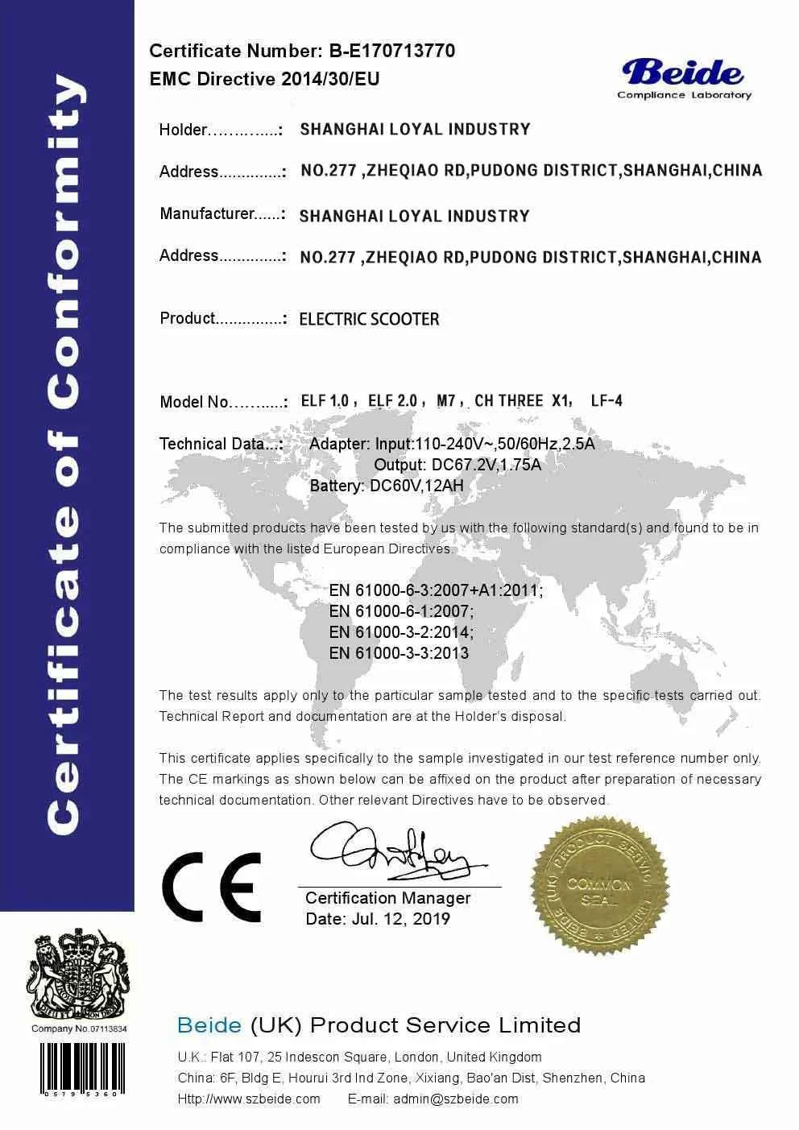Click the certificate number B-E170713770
[391, 51]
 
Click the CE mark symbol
[211, 886]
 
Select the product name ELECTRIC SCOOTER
[369, 319]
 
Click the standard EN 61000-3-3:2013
[399, 653]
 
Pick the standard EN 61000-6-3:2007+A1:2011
[436, 590]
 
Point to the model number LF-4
[606, 400]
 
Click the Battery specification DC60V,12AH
[416, 486]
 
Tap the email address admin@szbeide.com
[456, 1099]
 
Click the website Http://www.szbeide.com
[249, 1099]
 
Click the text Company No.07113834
[79, 1029]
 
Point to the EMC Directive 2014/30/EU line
[264, 79]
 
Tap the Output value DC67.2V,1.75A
[486, 465]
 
